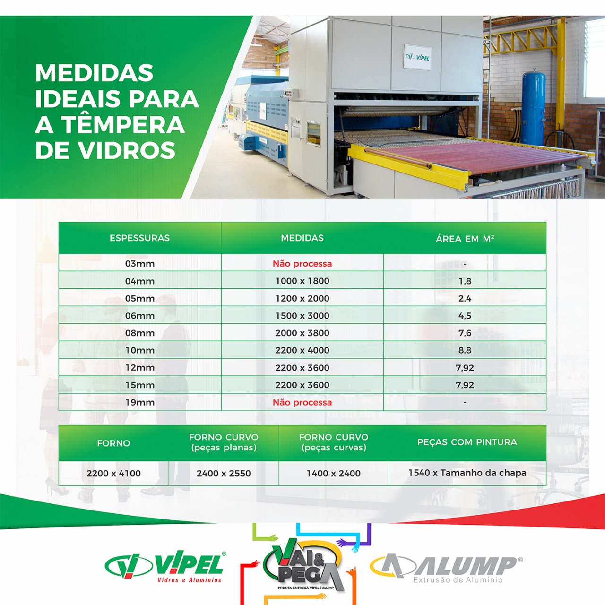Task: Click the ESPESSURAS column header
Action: pyautogui.click(x=139, y=238)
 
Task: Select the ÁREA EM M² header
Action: pyautogui.click(x=465, y=239)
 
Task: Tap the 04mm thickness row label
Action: pyautogui.click(x=140, y=281)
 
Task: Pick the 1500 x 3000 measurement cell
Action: pyautogui.click(x=302, y=316)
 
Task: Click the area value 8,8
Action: pyautogui.click(x=465, y=350)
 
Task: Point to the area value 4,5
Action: pyautogui.click(x=465, y=316)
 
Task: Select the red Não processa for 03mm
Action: pyautogui.click(x=302, y=264)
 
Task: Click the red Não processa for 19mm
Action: pyautogui.click(x=302, y=403)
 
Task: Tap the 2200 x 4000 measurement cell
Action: pyautogui.click(x=302, y=350)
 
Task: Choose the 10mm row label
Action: pyautogui.click(x=140, y=350)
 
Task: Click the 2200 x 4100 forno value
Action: pyautogui.click(x=113, y=473)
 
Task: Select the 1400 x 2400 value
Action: pyautogui.click(x=333, y=473)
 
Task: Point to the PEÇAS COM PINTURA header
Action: pyautogui.click(x=467, y=442)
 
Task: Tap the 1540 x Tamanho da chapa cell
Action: pyautogui.click(x=467, y=473)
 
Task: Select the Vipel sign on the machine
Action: pyautogui.click(x=417, y=57)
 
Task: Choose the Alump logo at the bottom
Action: pyautogui.click(x=446, y=569)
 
